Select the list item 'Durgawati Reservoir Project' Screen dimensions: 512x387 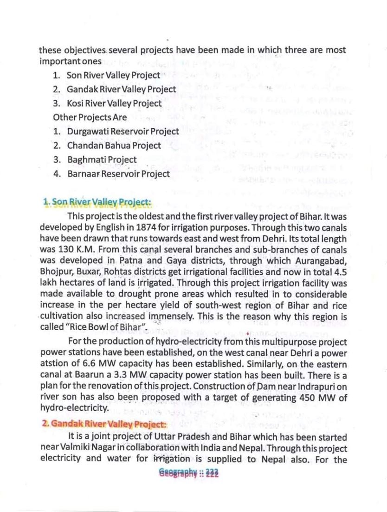[123, 132]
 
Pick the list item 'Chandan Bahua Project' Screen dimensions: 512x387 [114, 146]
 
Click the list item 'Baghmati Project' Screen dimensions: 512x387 [102, 160]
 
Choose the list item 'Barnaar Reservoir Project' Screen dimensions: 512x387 [118, 174]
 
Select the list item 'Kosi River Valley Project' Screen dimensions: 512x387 [114, 103]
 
